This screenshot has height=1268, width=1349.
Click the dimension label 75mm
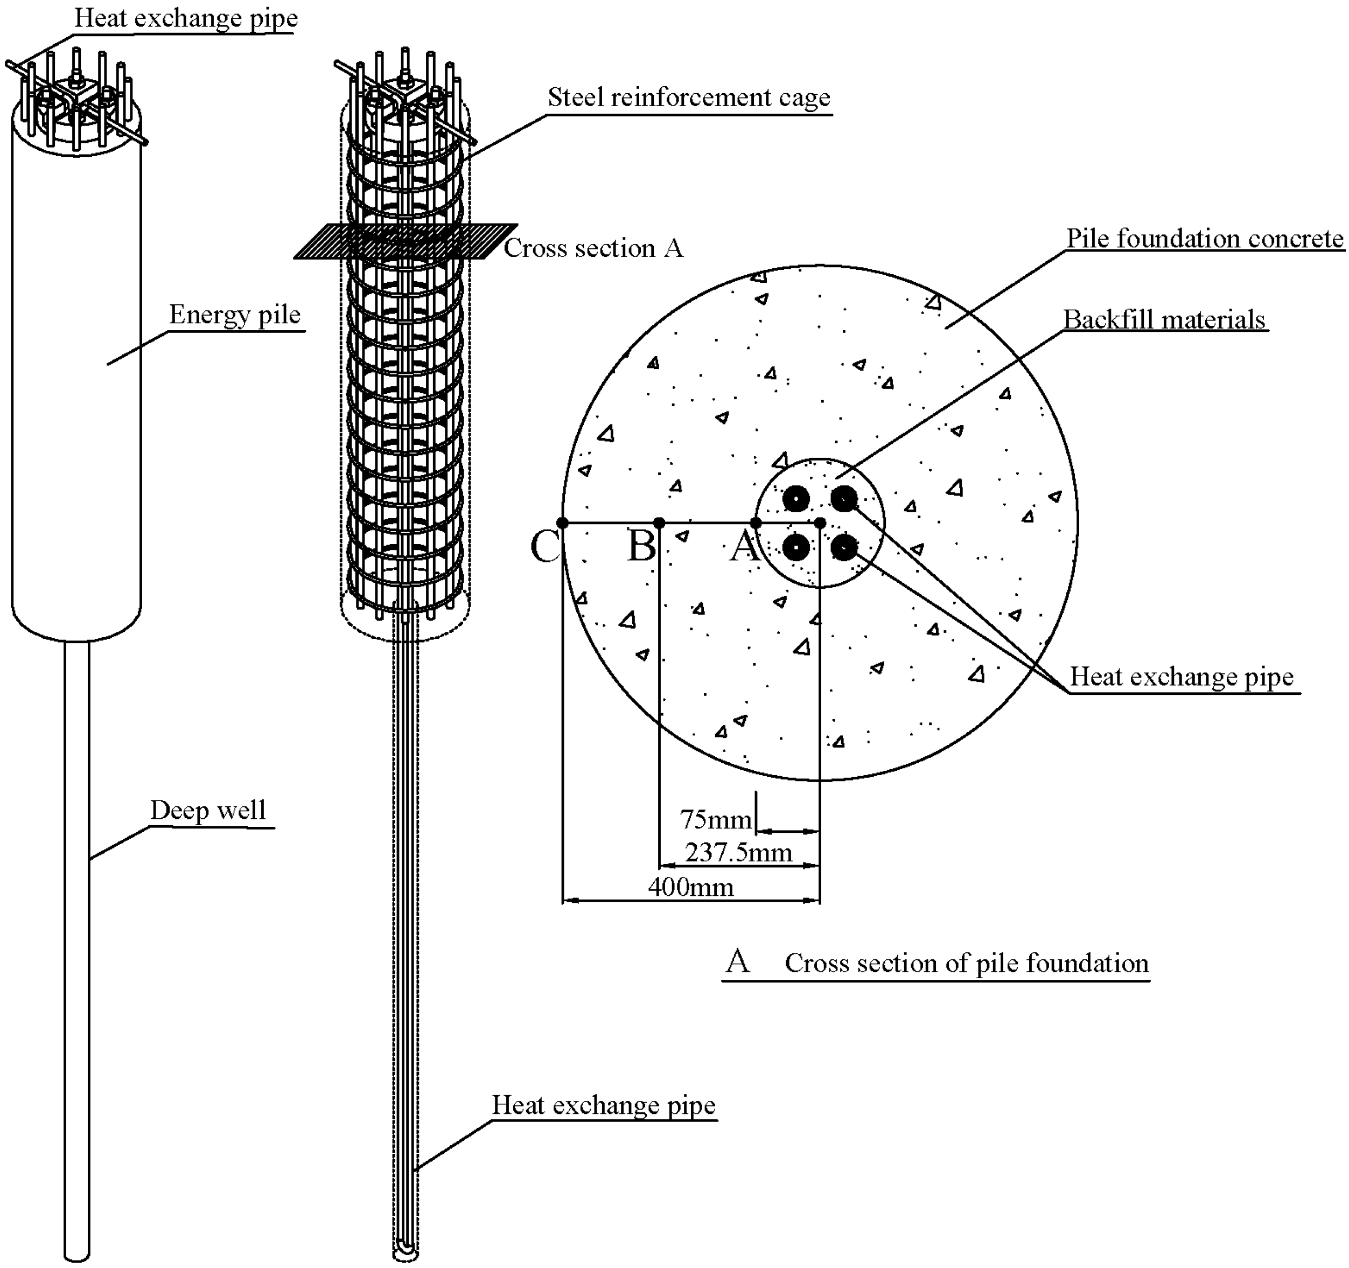[715, 820]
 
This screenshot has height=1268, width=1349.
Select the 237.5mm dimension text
[738, 853]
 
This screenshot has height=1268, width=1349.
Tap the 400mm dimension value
[691, 887]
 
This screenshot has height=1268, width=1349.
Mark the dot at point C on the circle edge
[563, 522]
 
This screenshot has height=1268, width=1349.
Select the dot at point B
[659, 522]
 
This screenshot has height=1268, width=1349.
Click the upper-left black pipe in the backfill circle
[796, 499]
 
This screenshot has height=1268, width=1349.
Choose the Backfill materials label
[1164, 320]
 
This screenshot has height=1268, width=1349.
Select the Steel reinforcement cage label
[689, 97]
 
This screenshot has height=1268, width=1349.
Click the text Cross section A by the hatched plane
[593, 248]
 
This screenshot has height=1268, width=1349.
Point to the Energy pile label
[234, 315]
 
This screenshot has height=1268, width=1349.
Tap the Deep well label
[208, 811]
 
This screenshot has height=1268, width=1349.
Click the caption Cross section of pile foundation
[966, 963]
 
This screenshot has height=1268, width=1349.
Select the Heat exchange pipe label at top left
[185, 18]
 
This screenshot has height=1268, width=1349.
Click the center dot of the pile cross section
[820, 522]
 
